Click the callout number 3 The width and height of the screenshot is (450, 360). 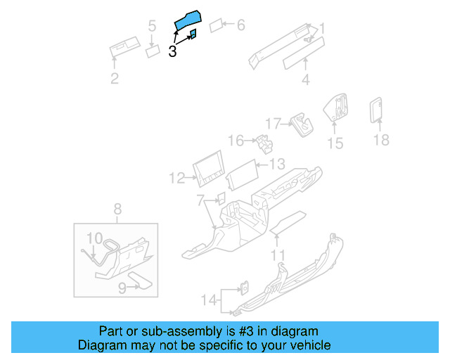click(172, 51)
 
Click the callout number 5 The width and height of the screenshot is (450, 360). click(152, 27)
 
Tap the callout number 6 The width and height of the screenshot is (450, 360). click(240, 25)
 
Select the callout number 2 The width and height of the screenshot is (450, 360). click(115, 78)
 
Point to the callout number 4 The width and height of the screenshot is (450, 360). click(305, 79)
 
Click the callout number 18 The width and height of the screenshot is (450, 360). click(380, 140)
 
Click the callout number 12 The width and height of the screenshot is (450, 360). click(176, 178)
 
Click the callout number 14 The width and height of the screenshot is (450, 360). click(207, 300)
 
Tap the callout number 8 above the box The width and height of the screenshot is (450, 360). click(117, 208)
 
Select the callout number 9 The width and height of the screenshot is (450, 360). click(122, 287)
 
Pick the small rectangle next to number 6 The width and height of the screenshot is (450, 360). click(216, 26)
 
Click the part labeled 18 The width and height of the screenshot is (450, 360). click(375, 109)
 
